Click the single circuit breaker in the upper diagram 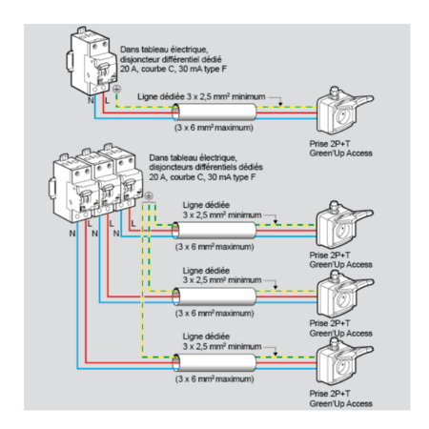click(x=92, y=61)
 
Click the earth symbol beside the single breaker click(x=116, y=89)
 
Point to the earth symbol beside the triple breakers click(x=149, y=196)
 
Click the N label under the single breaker click(x=91, y=100)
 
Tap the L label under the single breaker click(x=107, y=101)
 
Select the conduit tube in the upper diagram click(x=214, y=112)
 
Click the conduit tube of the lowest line click(x=214, y=362)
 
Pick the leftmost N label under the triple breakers click(x=72, y=234)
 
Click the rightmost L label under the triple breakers click(x=133, y=224)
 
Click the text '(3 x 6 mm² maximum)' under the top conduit click(x=214, y=128)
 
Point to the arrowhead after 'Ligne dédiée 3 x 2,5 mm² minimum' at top click(x=280, y=104)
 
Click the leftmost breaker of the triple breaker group click(x=73, y=189)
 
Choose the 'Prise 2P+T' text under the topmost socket click(x=330, y=144)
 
